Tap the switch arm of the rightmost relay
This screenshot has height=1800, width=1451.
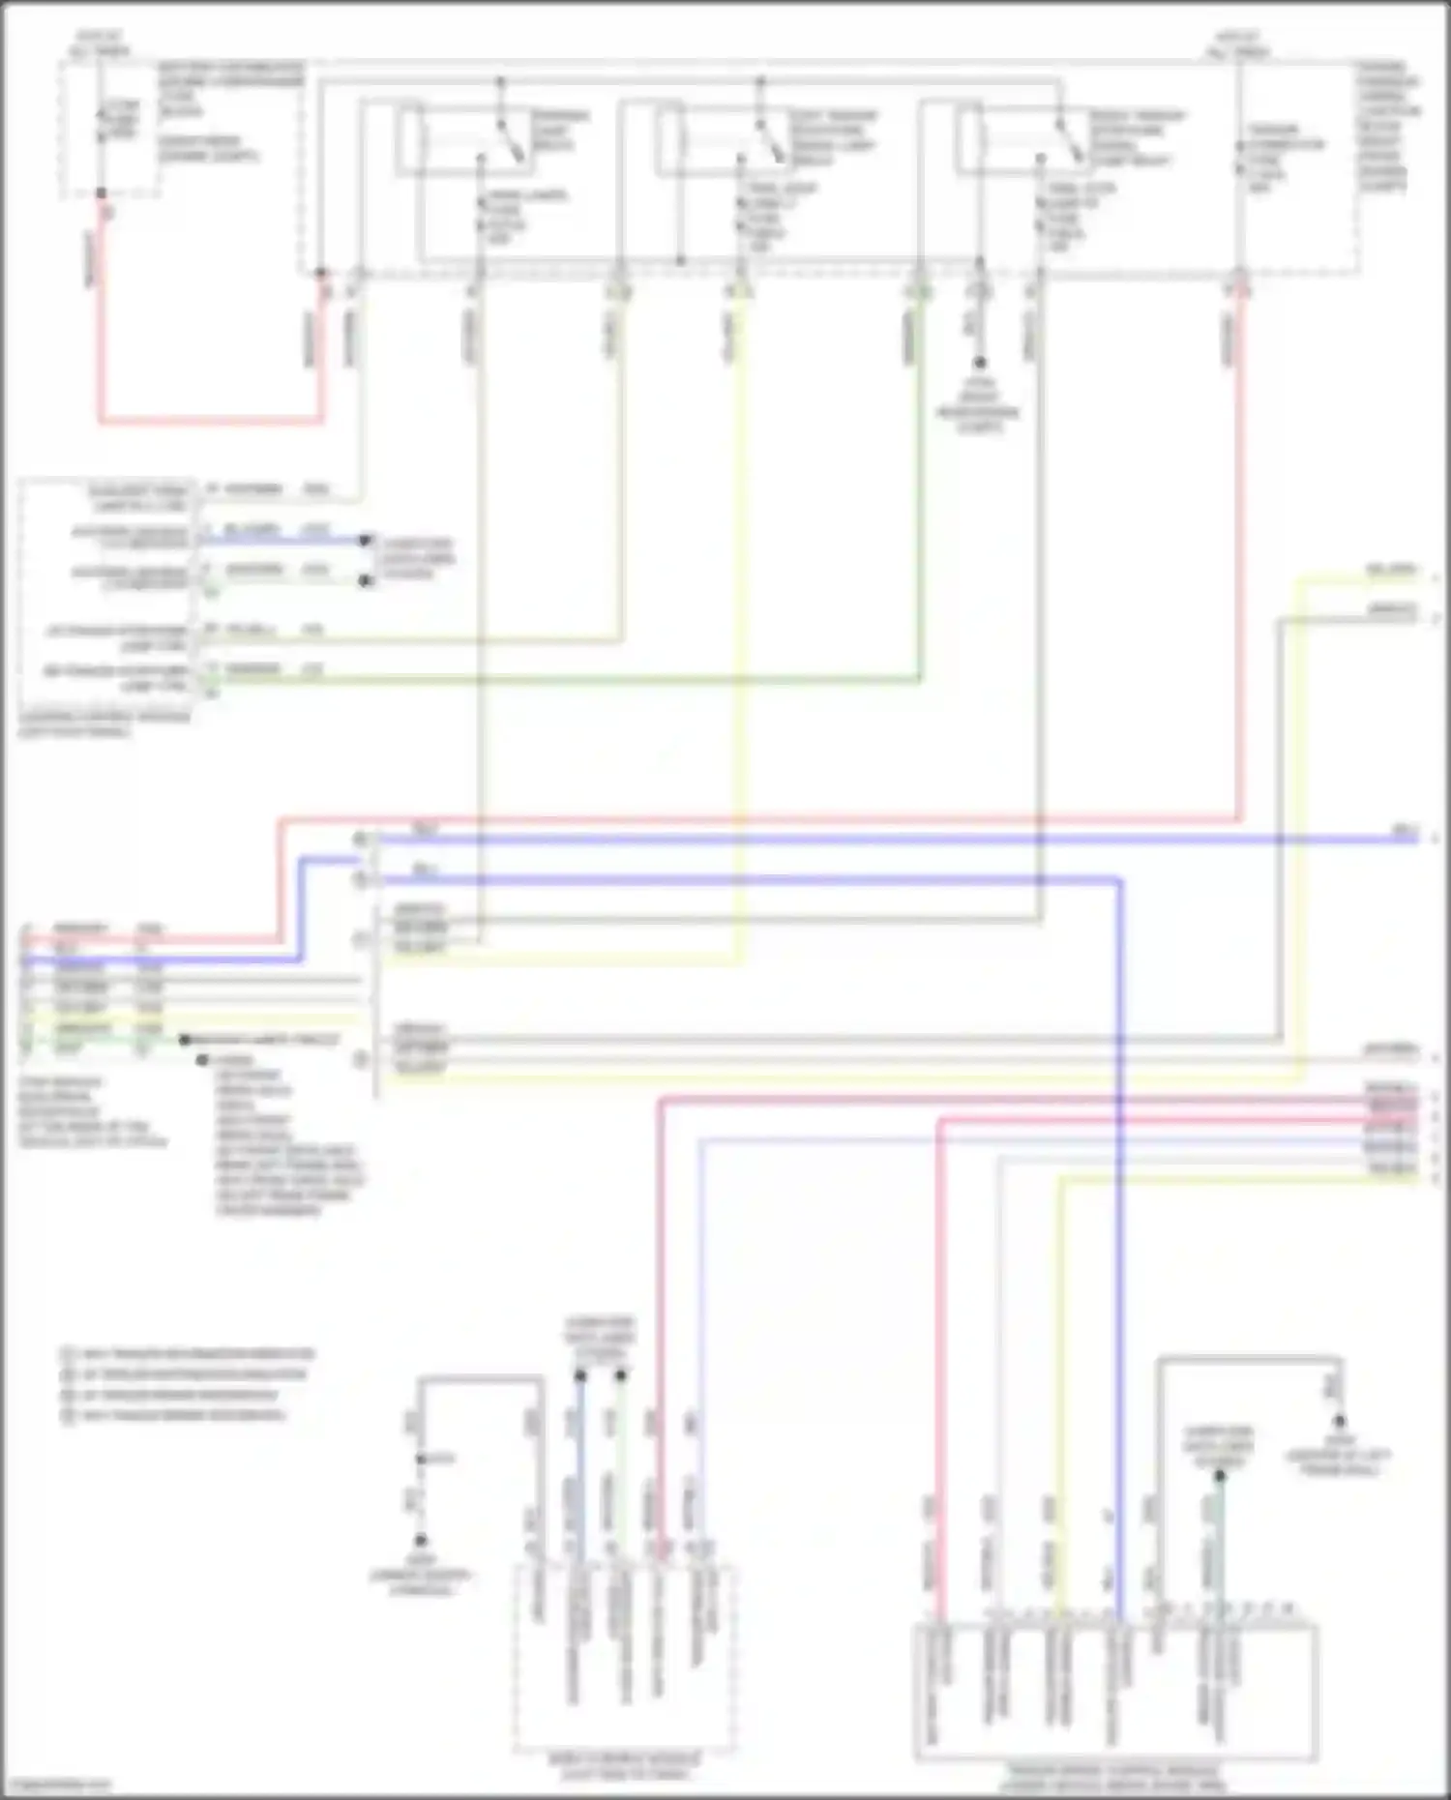pos(1070,140)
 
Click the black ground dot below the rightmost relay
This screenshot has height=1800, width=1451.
pos(979,364)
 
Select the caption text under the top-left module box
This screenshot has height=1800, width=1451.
pos(104,725)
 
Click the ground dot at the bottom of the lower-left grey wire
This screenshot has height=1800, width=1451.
pos(422,1540)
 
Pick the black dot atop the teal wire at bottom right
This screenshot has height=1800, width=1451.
pos(1220,1476)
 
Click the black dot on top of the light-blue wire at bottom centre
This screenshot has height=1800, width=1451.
pos(579,1374)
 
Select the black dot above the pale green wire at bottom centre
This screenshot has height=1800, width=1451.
pos(621,1374)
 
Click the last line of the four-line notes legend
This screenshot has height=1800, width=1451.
pos(174,1415)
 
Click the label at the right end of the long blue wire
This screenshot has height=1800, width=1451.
pos(1404,831)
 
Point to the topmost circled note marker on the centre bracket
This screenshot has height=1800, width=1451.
pos(360,838)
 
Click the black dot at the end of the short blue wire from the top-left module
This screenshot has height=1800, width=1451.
pos(366,541)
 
